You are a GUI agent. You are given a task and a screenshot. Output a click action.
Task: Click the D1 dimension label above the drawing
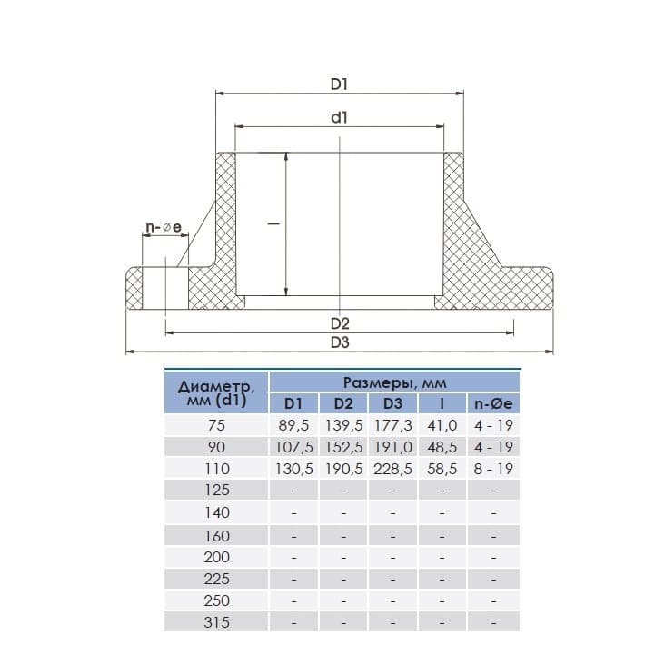(x=339, y=84)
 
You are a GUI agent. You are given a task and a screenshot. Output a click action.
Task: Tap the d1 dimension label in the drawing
(x=339, y=117)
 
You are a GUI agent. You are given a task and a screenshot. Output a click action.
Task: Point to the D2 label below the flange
(x=340, y=324)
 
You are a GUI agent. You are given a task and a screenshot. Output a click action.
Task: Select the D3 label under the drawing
(x=340, y=342)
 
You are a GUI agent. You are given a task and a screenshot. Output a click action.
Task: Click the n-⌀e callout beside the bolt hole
(x=164, y=227)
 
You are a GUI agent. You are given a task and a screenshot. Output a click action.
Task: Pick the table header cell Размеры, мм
(x=394, y=382)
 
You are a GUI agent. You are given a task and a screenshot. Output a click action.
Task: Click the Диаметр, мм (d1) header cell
(x=216, y=392)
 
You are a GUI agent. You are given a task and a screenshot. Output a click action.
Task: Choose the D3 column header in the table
(x=392, y=403)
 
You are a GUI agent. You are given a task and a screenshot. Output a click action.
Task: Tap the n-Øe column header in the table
(x=493, y=403)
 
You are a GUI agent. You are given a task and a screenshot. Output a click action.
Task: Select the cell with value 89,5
(x=293, y=425)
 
